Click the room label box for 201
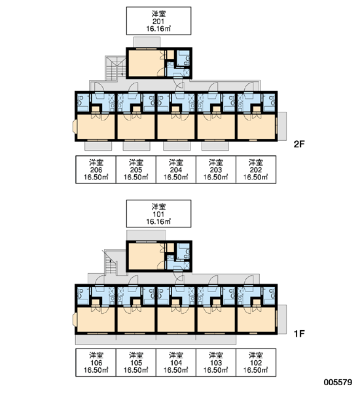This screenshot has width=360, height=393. click(158, 21)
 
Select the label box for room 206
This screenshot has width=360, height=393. click(96, 170)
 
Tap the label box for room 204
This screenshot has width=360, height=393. click(176, 170)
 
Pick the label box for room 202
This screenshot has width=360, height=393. click(256, 170)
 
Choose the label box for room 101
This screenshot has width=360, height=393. click(158, 214)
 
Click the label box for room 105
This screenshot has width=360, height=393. click(135, 362)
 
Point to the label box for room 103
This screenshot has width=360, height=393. click(216, 362)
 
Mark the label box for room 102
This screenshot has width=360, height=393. click(256, 362)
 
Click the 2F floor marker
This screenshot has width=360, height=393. click(299, 144)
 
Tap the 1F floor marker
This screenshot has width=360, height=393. click(299, 333)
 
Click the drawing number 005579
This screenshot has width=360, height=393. click(338, 383)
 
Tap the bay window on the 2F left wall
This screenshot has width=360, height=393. click(75, 126)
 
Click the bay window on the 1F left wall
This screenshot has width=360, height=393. click(75, 320)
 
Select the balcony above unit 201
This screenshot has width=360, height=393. click(147, 42)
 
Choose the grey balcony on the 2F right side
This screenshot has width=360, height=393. click(282, 126)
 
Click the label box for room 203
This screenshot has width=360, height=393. click(216, 170)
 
